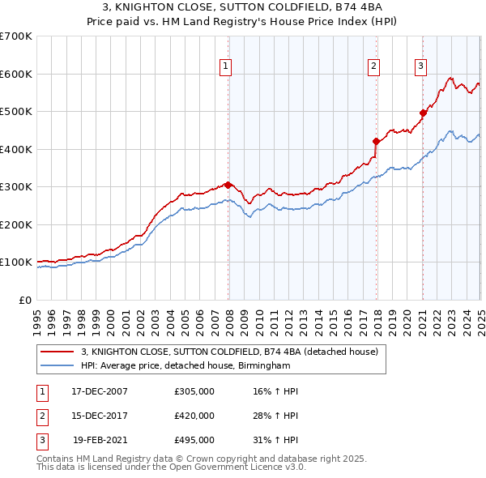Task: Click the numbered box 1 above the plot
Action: click(224, 67)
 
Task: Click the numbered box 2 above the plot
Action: click(373, 67)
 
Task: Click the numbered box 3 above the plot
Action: click(421, 67)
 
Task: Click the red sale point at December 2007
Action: click(228, 185)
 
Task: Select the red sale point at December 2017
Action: click(376, 141)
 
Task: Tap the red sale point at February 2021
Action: click(423, 113)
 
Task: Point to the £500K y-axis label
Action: click(15, 112)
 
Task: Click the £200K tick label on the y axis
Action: click(15, 224)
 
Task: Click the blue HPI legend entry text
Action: click(185, 365)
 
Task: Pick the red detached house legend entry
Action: click(229, 352)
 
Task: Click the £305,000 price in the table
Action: click(194, 391)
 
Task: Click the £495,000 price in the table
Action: click(194, 441)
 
